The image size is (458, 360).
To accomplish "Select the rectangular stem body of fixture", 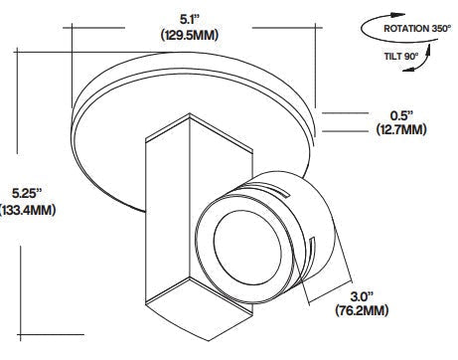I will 169,219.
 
